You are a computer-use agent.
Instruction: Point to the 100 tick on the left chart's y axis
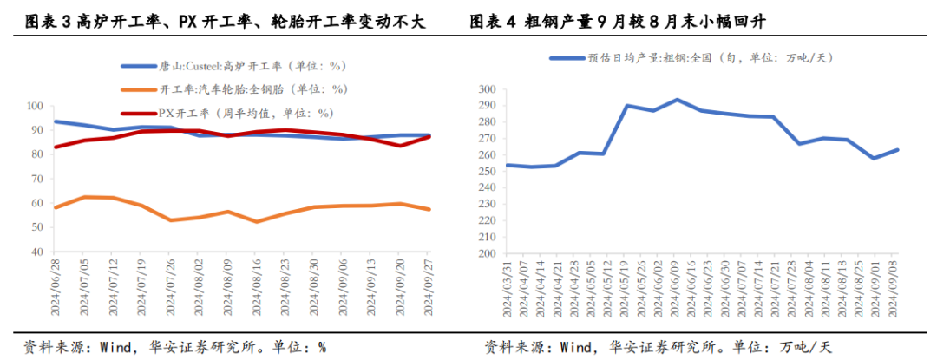pyautogui.click(x=36, y=106)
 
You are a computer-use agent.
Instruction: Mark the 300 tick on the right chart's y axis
pyautogui.click(x=485, y=89)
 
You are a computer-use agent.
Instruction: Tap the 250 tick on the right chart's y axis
pyautogui.click(x=485, y=172)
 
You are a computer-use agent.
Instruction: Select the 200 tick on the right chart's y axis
pyautogui.click(x=485, y=254)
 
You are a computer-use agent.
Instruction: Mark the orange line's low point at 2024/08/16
pyautogui.click(x=258, y=221)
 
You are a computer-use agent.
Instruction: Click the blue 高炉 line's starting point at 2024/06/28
pyautogui.click(x=56, y=121)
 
